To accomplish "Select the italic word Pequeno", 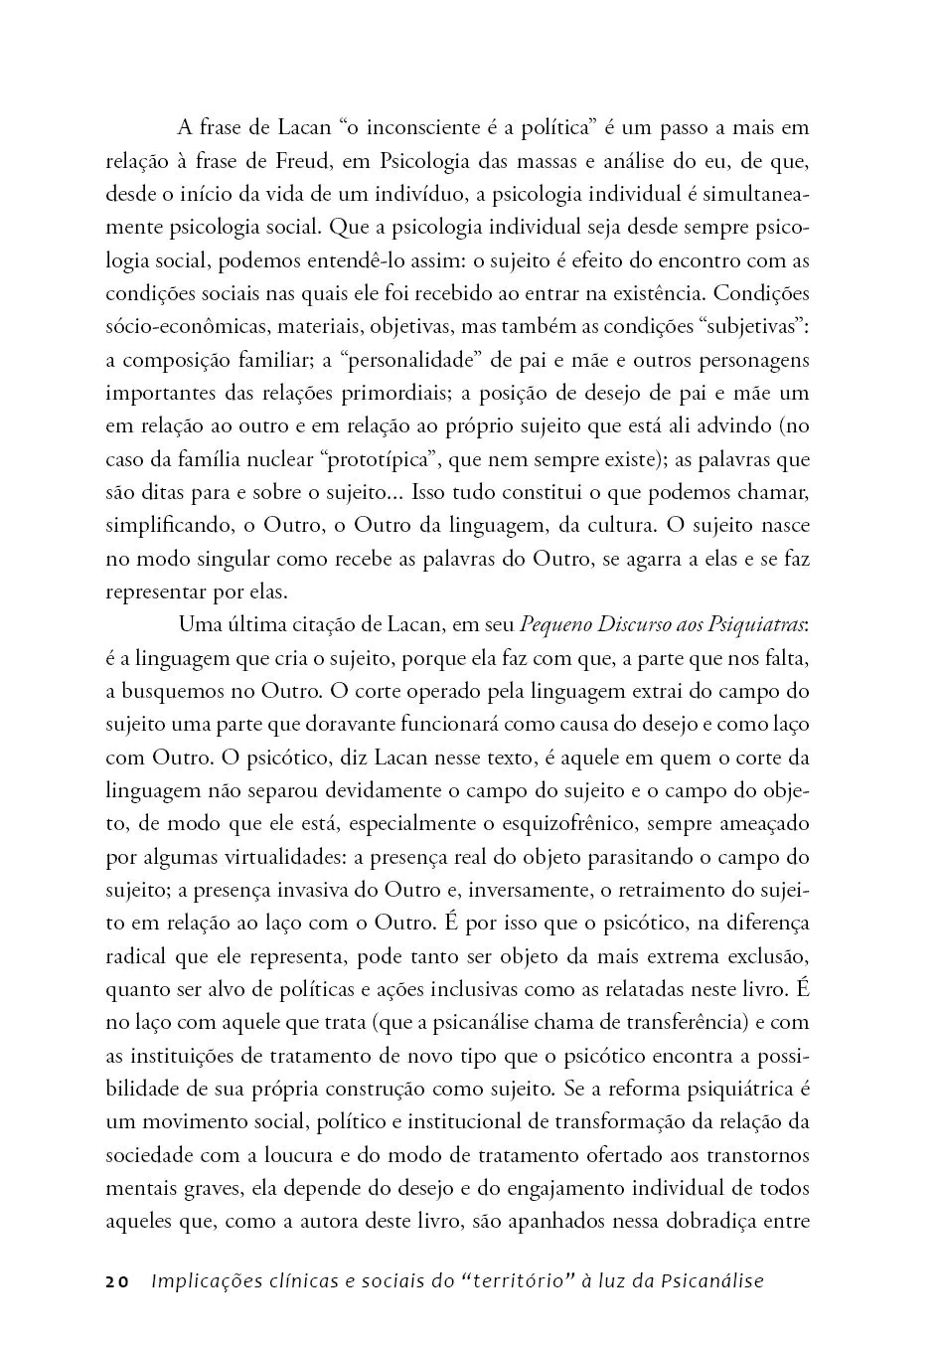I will click(556, 625).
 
